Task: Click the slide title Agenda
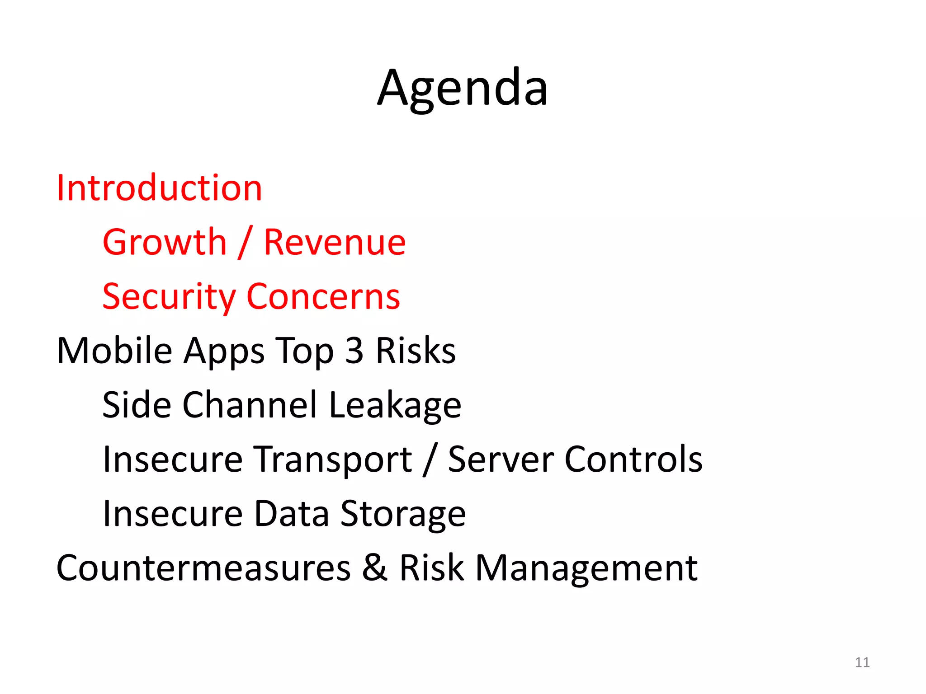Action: pyautogui.click(x=462, y=88)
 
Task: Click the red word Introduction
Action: pyautogui.click(x=159, y=188)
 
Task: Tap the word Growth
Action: pyautogui.click(x=165, y=243)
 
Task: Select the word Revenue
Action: pyautogui.click(x=335, y=243)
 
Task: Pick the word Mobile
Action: pyautogui.click(x=114, y=351)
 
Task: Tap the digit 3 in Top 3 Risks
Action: pyautogui.click(x=354, y=351)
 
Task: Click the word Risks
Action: pyautogui.click(x=416, y=351)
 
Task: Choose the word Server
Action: pyautogui.click(x=501, y=459)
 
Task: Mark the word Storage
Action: pyautogui.click(x=402, y=514)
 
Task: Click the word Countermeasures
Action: pyautogui.click(x=203, y=568)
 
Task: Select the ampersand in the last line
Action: pyautogui.click(x=375, y=568)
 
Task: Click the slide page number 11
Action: pyautogui.click(x=862, y=662)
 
